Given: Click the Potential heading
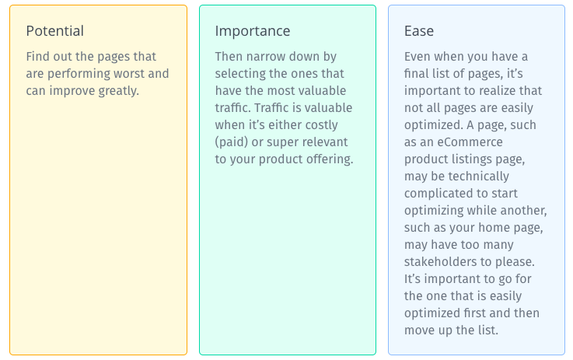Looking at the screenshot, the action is [x=55, y=30].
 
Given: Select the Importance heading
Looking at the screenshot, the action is [x=253, y=31].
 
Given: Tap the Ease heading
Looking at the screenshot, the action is [x=419, y=30].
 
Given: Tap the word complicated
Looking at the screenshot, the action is [x=431, y=194].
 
